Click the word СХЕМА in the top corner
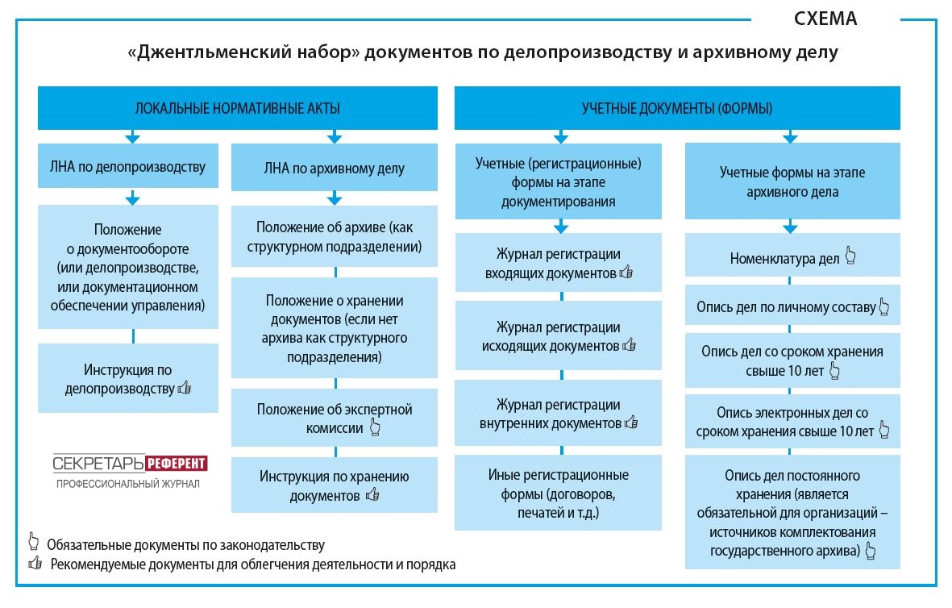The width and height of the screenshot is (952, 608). point(825,19)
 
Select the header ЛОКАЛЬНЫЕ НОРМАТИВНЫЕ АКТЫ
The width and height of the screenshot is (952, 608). point(237,108)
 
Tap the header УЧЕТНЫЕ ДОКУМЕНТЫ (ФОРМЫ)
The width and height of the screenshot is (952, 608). point(677,108)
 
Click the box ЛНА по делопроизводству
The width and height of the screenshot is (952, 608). point(128,166)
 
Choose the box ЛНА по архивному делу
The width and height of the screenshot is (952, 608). point(334,168)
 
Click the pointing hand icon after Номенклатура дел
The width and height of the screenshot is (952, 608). point(850,256)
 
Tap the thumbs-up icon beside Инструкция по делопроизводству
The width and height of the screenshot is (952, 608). point(185,388)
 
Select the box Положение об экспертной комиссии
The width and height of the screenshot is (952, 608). point(334,418)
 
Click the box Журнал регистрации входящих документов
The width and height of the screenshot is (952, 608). point(558,263)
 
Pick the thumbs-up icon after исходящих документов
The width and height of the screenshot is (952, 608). point(629,345)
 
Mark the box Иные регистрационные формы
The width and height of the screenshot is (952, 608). point(558,493)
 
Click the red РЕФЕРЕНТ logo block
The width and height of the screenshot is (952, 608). point(177,464)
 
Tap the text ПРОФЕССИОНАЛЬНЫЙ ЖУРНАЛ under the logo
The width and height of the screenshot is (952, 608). point(128,484)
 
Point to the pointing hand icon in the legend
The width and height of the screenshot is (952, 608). point(33,542)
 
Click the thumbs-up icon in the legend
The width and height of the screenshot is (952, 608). point(35,563)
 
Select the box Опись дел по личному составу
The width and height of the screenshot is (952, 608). point(792,306)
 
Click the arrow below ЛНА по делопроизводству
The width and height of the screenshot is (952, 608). point(132,198)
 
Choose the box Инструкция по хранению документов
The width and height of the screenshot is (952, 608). point(334,485)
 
